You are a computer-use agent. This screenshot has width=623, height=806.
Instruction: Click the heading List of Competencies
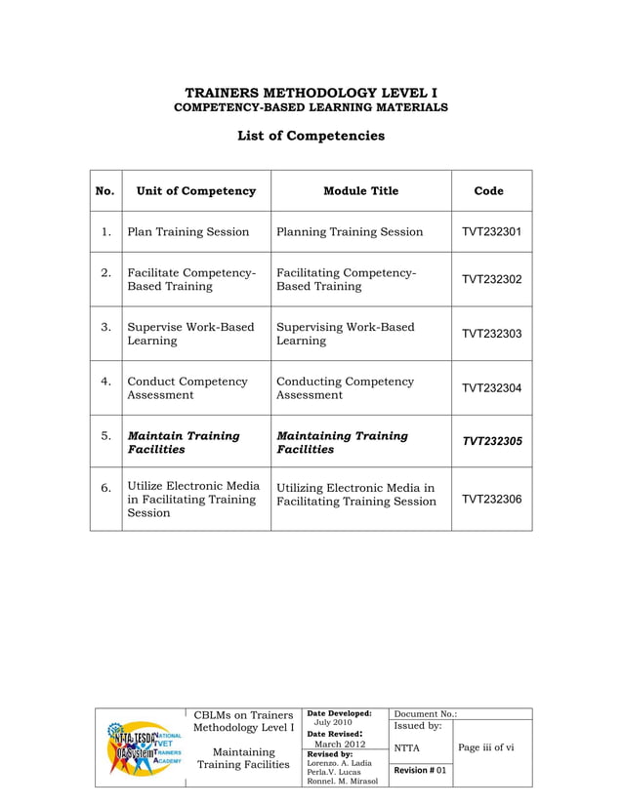click(x=311, y=136)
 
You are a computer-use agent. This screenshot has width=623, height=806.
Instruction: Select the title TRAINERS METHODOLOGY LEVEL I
click(x=311, y=92)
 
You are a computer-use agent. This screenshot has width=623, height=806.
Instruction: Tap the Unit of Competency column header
click(x=196, y=191)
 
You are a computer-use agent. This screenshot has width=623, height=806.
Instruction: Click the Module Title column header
click(x=360, y=191)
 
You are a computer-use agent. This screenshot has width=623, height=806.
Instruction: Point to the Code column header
click(x=488, y=191)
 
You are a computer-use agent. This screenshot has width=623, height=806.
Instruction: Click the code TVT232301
click(x=491, y=232)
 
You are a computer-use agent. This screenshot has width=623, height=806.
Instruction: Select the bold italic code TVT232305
click(x=491, y=442)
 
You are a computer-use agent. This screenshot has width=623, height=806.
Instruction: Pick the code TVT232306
click(x=491, y=499)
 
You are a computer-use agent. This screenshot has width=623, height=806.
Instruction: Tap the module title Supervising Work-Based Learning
click(x=345, y=334)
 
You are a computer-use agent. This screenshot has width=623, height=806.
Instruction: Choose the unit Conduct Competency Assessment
click(x=187, y=388)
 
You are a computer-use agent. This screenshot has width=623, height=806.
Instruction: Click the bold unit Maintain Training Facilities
click(x=183, y=442)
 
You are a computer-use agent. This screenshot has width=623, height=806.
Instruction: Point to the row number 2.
click(x=104, y=272)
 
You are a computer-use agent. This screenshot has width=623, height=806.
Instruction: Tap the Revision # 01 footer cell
click(x=421, y=771)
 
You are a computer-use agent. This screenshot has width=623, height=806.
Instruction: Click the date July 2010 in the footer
click(x=333, y=723)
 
